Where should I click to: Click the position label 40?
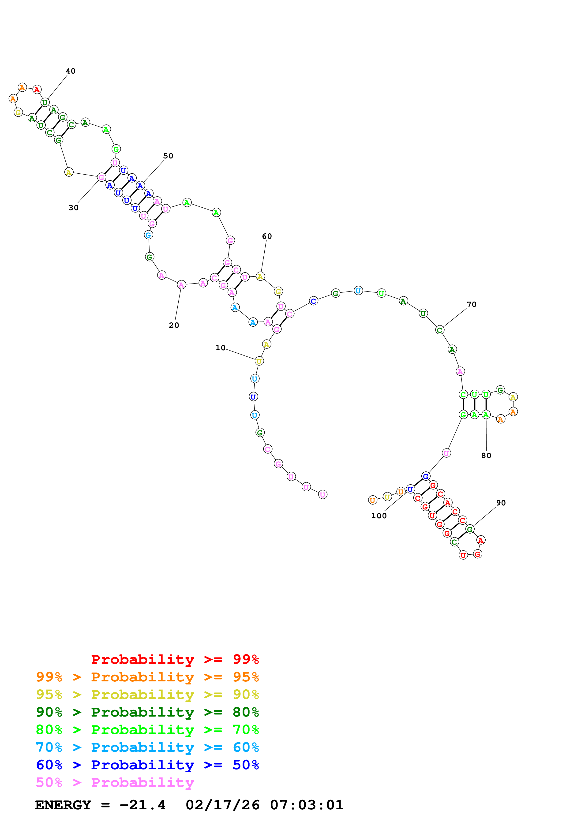pyautogui.click(x=71, y=71)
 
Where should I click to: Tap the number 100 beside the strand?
pyautogui.click(x=379, y=516)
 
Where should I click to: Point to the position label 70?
pyautogui.click(x=472, y=304)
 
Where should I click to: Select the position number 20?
pyautogui.click(x=174, y=325)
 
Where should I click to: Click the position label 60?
pyautogui.click(x=267, y=236)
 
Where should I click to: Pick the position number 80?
pyautogui.click(x=486, y=455)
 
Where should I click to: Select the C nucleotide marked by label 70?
pyautogui.click(x=440, y=330)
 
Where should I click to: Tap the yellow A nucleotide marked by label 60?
pyautogui.click(x=260, y=276)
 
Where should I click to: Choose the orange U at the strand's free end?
pyautogui.click(x=373, y=500)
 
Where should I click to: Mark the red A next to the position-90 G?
pyautogui.click(x=481, y=540)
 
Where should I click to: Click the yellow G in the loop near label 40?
pyautogui.click(x=18, y=112)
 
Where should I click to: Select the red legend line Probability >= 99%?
pyautogui.click(x=175, y=659)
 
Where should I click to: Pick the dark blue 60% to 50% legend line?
pyautogui.click(x=147, y=765)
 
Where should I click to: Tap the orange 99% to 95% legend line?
pyautogui.click(x=147, y=677)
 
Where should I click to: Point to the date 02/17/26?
pyautogui.click(x=223, y=805)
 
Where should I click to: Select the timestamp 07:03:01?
pyautogui.click(x=307, y=805)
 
